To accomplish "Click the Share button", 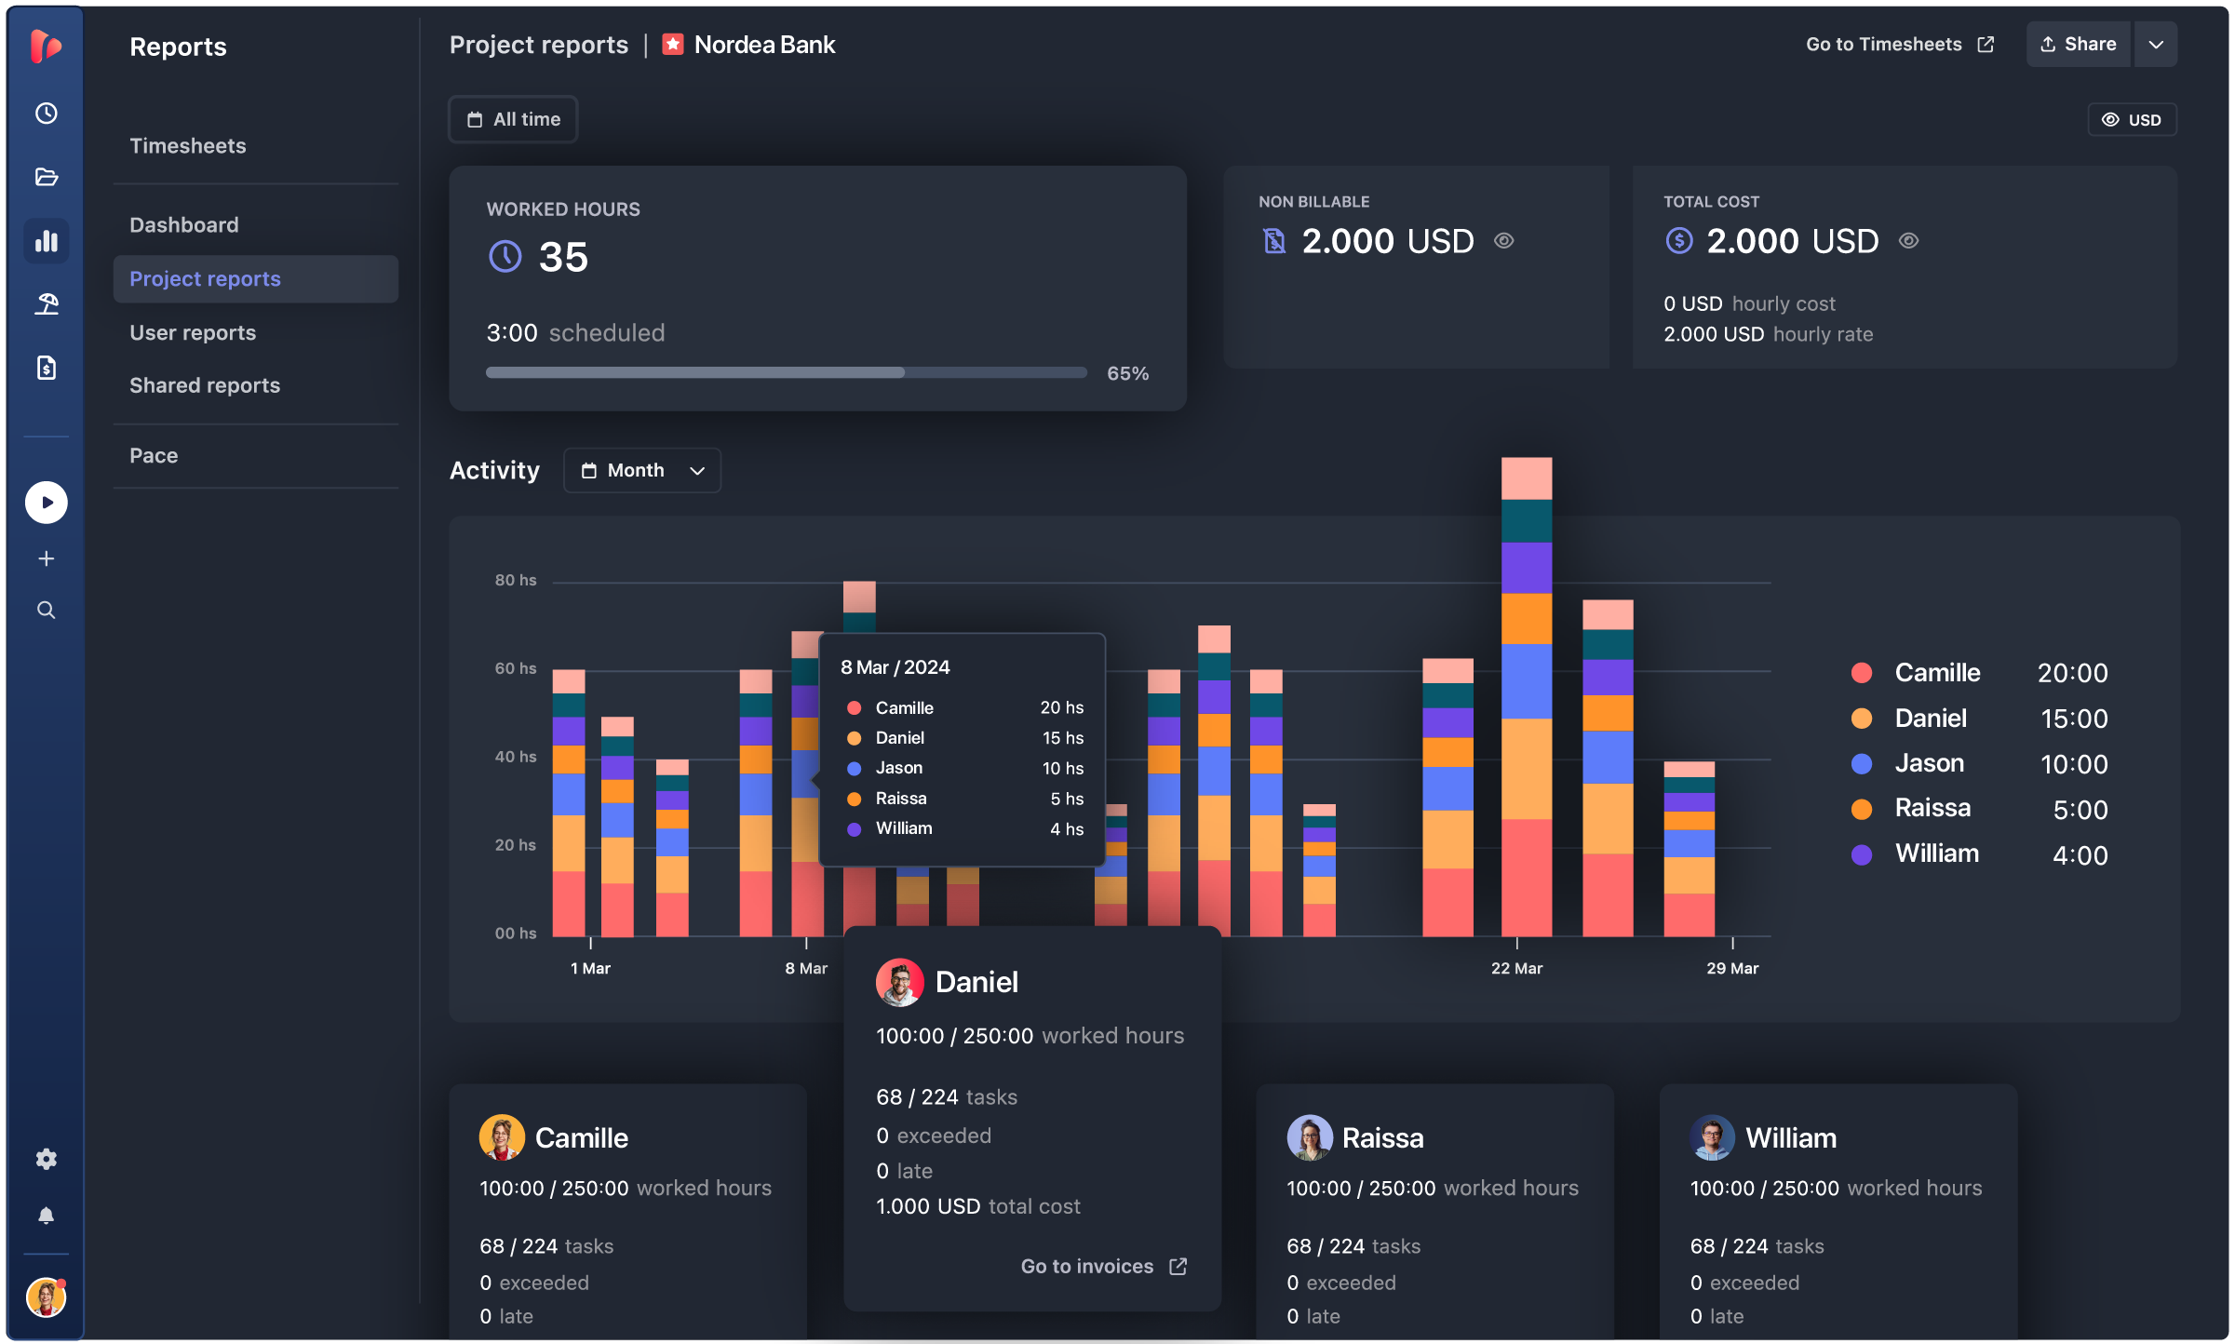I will click(2078, 45).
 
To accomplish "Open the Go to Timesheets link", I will click(1899, 45).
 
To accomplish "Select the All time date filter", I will click(514, 119).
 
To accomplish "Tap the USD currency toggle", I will click(2132, 120).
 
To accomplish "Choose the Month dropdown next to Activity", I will click(641, 471).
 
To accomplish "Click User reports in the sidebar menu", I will click(193, 333).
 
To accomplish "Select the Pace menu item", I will click(154, 456).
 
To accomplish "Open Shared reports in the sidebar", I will click(205, 385).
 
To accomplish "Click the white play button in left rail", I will click(47, 503).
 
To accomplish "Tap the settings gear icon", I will click(47, 1159).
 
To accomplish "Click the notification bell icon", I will click(47, 1216).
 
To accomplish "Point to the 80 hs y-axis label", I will click(516, 581).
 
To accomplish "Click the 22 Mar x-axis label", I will click(1516, 969).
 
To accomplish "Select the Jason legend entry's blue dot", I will click(1862, 764).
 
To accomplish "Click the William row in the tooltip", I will click(963, 828).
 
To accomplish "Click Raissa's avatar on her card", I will click(1310, 1137).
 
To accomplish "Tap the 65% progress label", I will click(1127, 373).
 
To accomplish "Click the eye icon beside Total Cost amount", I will click(1908, 241).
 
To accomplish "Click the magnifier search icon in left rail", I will click(47, 611).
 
